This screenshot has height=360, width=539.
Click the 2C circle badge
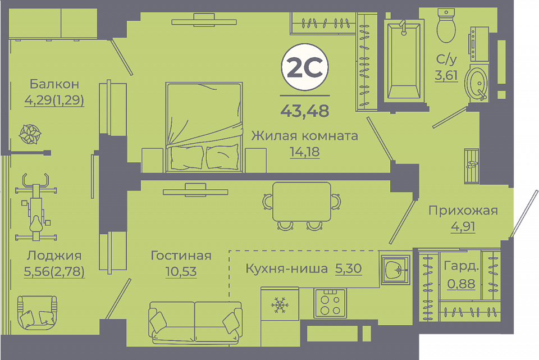point(305,67)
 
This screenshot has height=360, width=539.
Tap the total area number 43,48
point(305,111)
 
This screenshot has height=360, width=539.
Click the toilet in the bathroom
point(446,25)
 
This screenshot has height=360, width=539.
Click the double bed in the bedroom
point(204,127)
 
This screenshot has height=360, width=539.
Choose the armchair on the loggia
point(37,312)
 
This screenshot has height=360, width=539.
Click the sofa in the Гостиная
point(195,322)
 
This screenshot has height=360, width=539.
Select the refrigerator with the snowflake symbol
point(280,304)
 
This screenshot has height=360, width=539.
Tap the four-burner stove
point(330,303)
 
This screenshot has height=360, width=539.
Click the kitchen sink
point(395,270)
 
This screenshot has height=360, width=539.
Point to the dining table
point(302,202)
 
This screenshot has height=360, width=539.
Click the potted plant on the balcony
point(30,134)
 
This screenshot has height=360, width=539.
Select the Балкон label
point(54,84)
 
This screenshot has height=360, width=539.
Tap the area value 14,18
point(304,152)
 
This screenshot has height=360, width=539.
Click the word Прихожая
point(463,211)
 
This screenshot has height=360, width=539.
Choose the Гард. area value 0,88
point(462,284)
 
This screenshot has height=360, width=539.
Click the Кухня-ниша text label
point(287,268)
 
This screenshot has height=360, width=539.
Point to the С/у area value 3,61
point(446,75)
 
